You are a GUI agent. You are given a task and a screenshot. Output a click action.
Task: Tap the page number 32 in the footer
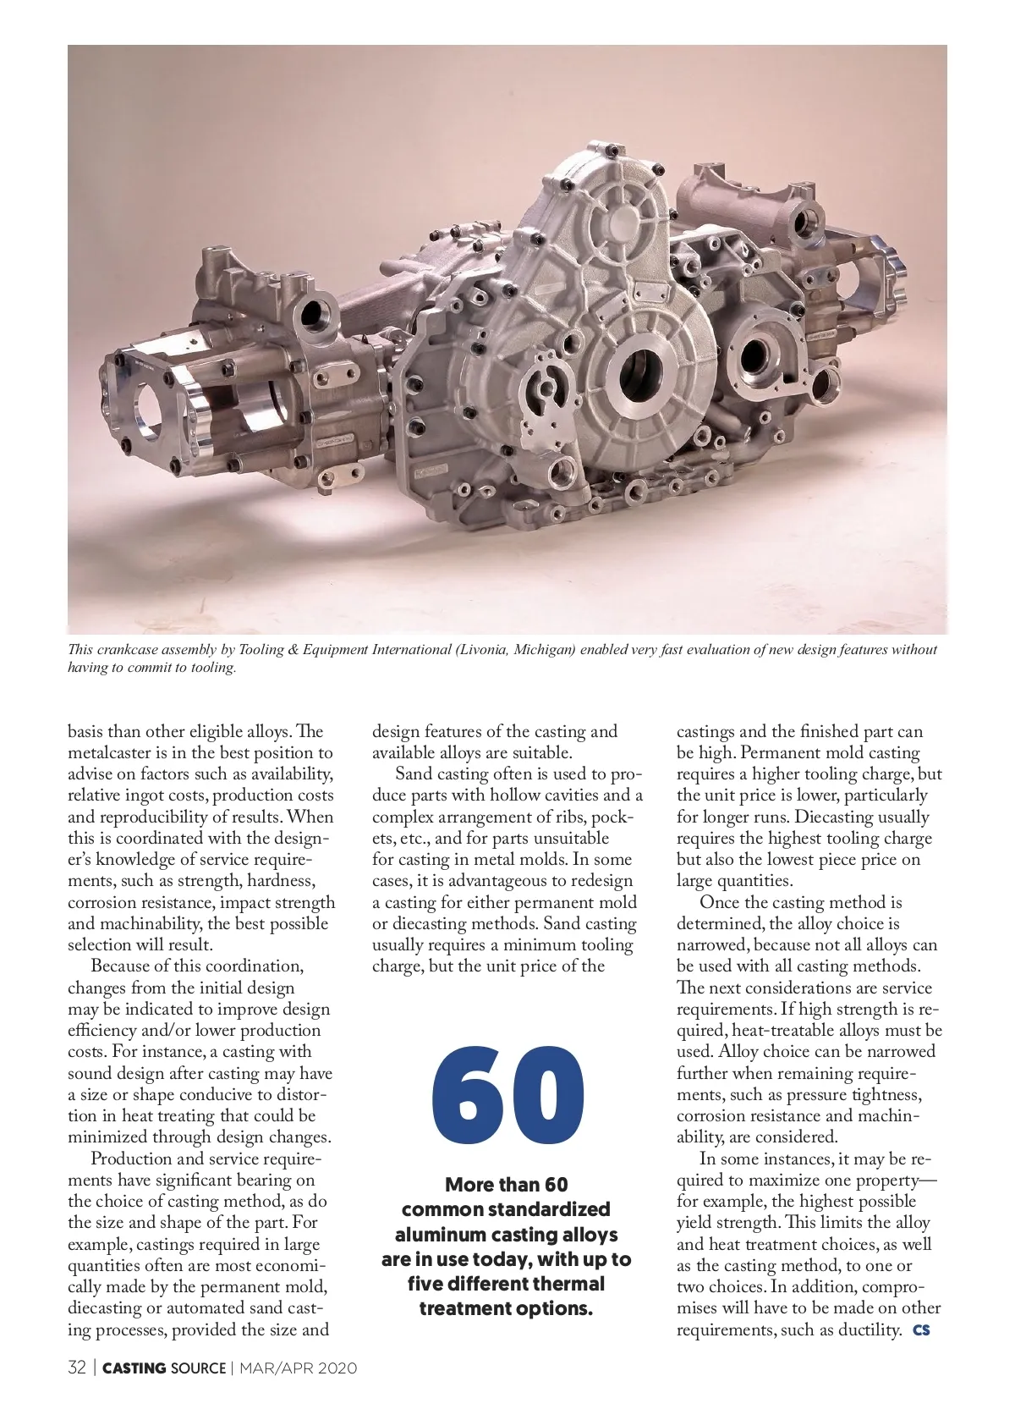pyautogui.click(x=77, y=1368)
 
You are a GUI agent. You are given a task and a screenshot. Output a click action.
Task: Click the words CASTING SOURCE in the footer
pyautogui.click(x=164, y=1368)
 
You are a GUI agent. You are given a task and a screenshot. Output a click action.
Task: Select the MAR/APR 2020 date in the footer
pyautogui.click(x=298, y=1368)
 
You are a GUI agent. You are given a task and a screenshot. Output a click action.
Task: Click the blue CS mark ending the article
pyautogui.click(x=921, y=1330)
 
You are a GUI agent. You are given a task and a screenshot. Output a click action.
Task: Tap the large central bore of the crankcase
pyautogui.click(x=639, y=377)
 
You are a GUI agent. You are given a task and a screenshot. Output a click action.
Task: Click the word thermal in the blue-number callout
pyautogui.click(x=562, y=1284)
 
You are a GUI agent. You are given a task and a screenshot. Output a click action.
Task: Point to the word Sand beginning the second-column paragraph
pyautogui.click(x=414, y=774)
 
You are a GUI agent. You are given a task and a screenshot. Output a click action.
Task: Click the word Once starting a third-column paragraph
pyautogui.click(x=721, y=903)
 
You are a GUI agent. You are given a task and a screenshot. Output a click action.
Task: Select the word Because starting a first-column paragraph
pyautogui.click(x=123, y=966)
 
